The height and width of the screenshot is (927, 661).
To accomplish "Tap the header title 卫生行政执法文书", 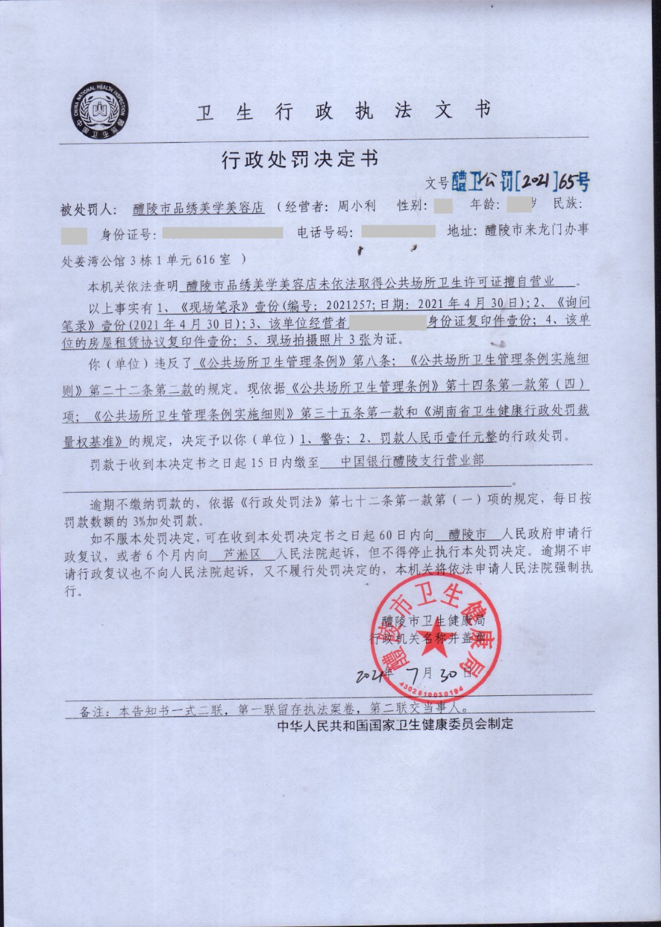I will (342, 111).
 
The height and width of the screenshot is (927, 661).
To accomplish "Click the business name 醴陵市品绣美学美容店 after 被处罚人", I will (199, 208).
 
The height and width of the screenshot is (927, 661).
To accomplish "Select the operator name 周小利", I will (356, 207).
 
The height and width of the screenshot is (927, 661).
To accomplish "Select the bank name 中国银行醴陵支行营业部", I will (412, 461).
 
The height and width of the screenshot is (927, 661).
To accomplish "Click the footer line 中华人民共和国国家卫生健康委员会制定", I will (395, 724).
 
